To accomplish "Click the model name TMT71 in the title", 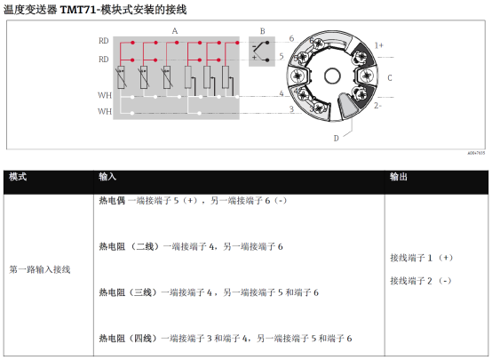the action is pyautogui.click(x=78, y=10).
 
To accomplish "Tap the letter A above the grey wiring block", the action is pyautogui.click(x=175, y=31).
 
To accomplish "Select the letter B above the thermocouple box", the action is pyautogui.click(x=262, y=31).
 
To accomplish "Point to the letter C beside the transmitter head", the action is pyautogui.click(x=389, y=77).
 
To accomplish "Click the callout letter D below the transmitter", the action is pyautogui.click(x=336, y=138).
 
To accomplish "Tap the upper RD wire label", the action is pyautogui.click(x=104, y=41).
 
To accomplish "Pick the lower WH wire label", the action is pyautogui.click(x=105, y=111).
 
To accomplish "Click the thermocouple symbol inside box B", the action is pyautogui.click(x=260, y=51).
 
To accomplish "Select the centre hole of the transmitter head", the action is pyautogui.click(x=332, y=76).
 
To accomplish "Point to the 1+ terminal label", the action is pyautogui.click(x=378, y=45).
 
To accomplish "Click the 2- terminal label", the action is pyautogui.click(x=377, y=106).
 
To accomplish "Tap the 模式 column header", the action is pyautogui.click(x=18, y=177).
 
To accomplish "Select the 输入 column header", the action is pyautogui.click(x=107, y=177).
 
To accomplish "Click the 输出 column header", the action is pyautogui.click(x=399, y=177).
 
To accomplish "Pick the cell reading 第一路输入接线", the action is pyautogui.click(x=40, y=269).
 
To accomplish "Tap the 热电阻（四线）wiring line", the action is pyautogui.click(x=226, y=339).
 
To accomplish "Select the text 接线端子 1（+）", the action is pyautogui.click(x=422, y=258).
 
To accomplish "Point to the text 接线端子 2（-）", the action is pyautogui.click(x=421, y=281).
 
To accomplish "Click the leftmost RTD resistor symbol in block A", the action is pyautogui.click(x=121, y=77).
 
